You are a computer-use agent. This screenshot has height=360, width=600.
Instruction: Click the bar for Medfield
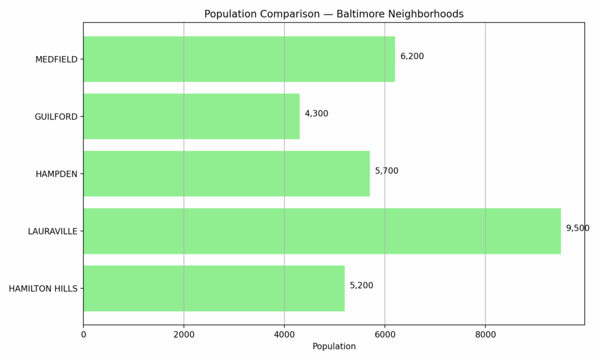[x=239, y=59]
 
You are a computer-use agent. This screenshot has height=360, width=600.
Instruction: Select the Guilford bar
[x=191, y=116]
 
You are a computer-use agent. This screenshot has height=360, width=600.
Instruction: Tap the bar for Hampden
[x=226, y=174]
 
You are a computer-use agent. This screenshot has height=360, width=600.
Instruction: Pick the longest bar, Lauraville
[x=322, y=231]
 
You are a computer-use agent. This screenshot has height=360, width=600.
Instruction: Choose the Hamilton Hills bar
[x=214, y=288]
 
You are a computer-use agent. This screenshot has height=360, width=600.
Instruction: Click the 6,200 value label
[x=412, y=56]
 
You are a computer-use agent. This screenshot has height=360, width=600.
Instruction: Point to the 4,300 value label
[x=316, y=114]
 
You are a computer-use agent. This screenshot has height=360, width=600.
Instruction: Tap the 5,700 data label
[x=387, y=171]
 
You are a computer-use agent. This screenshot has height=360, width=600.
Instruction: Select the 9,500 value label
[x=577, y=228]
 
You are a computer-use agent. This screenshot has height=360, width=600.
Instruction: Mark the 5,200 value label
[x=362, y=286]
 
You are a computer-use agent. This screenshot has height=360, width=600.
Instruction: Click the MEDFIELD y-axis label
[x=56, y=59]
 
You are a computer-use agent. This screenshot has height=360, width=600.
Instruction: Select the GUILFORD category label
[x=56, y=117]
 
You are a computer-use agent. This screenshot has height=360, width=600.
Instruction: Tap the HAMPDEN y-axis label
[x=56, y=174]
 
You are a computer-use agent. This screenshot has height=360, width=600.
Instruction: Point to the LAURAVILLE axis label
[x=53, y=232]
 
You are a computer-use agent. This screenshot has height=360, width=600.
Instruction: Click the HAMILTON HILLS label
[x=43, y=288]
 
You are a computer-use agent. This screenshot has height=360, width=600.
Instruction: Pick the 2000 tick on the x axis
[x=184, y=335]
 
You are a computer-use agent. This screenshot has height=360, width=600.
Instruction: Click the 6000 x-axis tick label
[x=385, y=335]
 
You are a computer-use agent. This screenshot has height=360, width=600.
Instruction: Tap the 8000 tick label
[x=485, y=335]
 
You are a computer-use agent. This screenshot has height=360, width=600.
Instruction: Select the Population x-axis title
[x=334, y=347]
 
